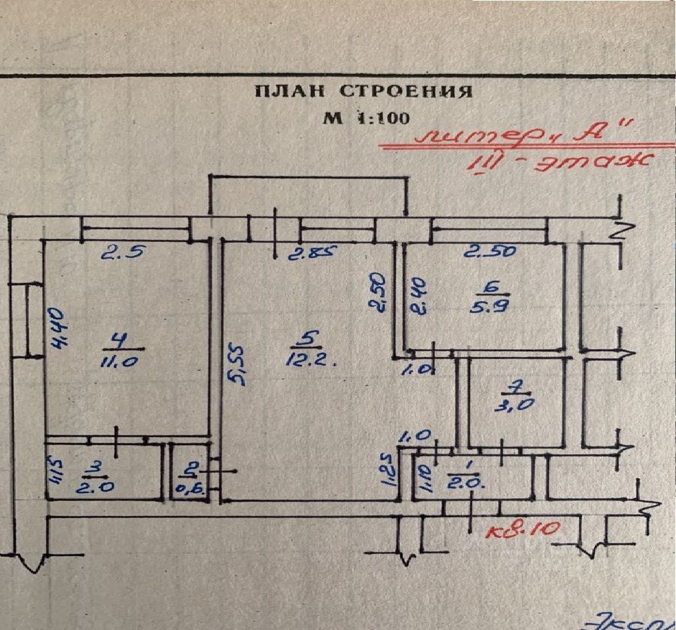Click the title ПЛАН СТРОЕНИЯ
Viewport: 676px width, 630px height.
tap(363, 91)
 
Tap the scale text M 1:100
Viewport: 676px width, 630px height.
tap(366, 118)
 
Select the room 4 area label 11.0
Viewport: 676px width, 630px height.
tap(119, 360)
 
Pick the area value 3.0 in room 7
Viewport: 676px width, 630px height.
tap(513, 404)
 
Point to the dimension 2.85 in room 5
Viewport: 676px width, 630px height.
tap(315, 253)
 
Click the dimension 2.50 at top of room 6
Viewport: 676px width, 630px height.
tap(490, 251)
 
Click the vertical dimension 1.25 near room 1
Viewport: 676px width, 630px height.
tap(389, 470)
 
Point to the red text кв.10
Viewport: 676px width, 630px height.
tap(523, 529)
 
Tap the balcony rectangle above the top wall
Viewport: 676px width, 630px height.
tap(307, 195)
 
